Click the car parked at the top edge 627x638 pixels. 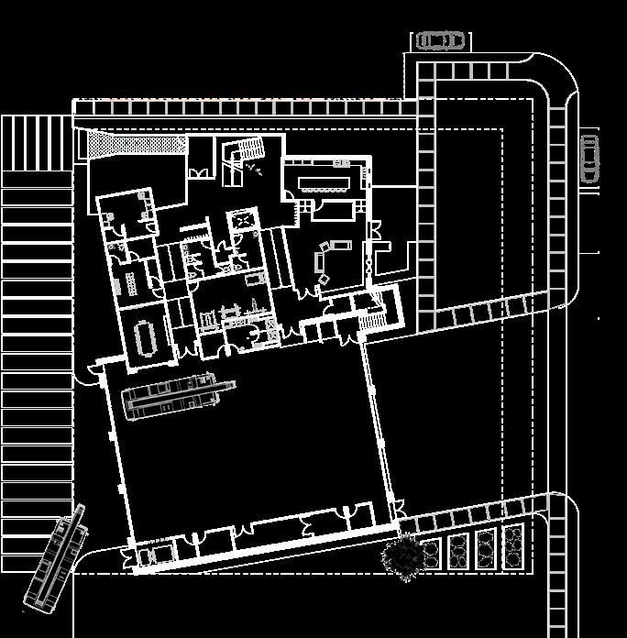(x=440, y=41)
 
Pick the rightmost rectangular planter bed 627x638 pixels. (x=513, y=546)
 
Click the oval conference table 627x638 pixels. (x=146, y=336)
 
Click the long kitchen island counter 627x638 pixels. (x=318, y=177)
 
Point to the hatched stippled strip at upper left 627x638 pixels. (x=133, y=145)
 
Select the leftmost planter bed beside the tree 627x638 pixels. (x=430, y=553)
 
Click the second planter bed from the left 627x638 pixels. (x=458, y=550)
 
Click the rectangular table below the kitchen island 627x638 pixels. (x=332, y=210)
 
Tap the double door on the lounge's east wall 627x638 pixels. (x=368, y=259)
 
